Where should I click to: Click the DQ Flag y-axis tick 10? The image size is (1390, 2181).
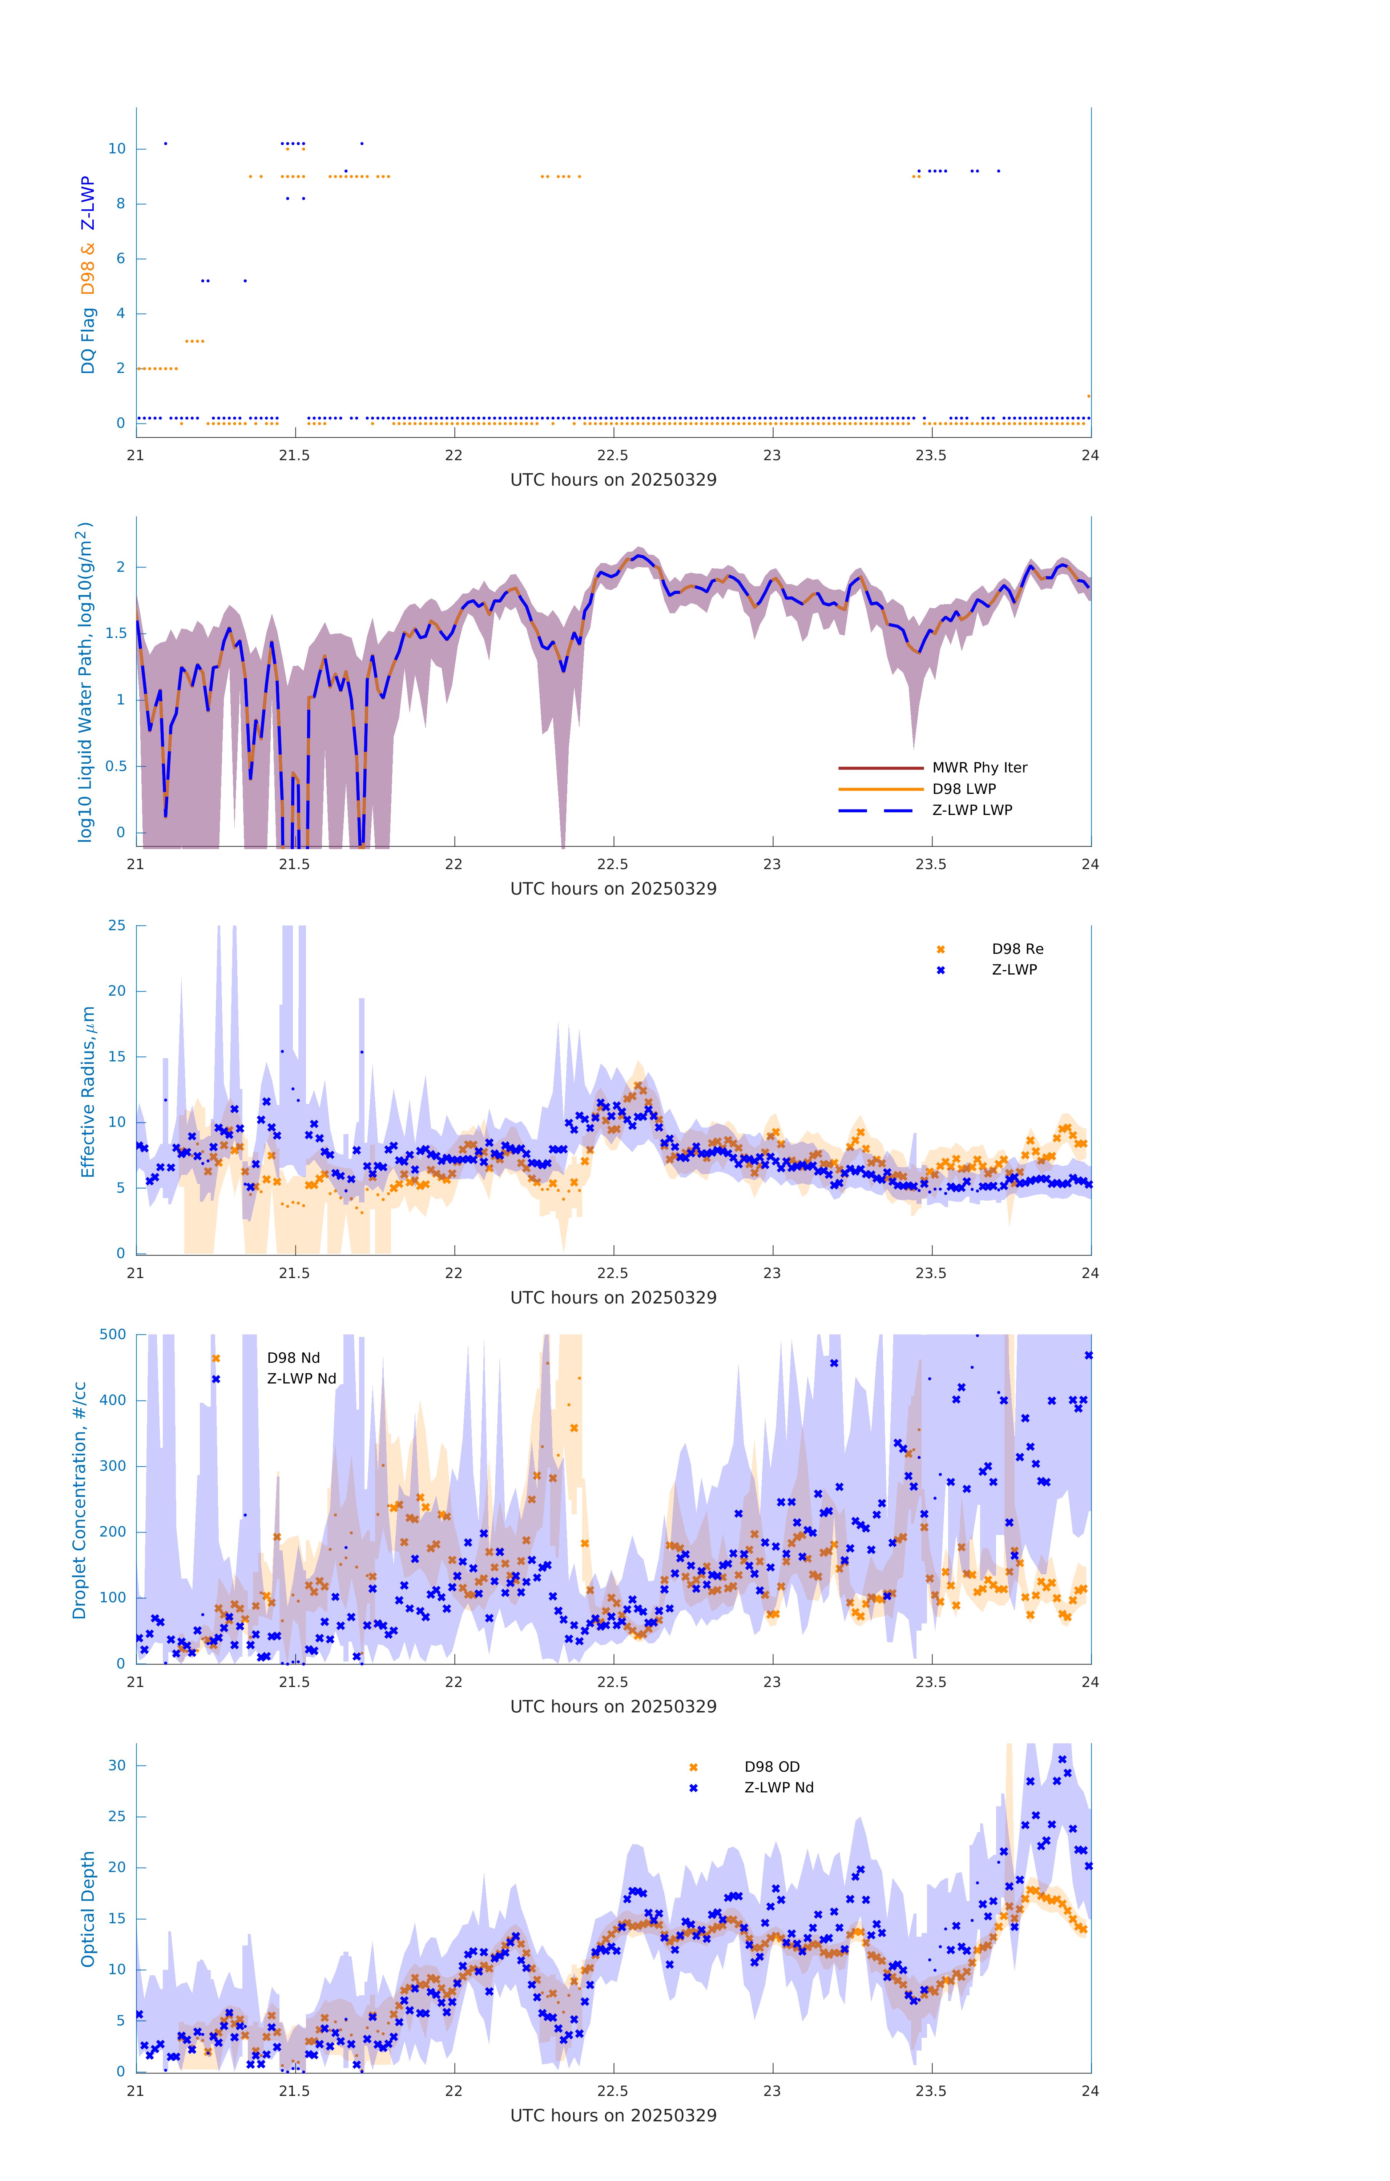(117, 149)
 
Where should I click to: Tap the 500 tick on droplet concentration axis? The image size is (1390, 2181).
(113, 1334)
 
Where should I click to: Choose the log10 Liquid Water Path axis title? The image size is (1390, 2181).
(84, 682)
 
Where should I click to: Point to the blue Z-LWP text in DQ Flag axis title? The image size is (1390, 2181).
(88, 203)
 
